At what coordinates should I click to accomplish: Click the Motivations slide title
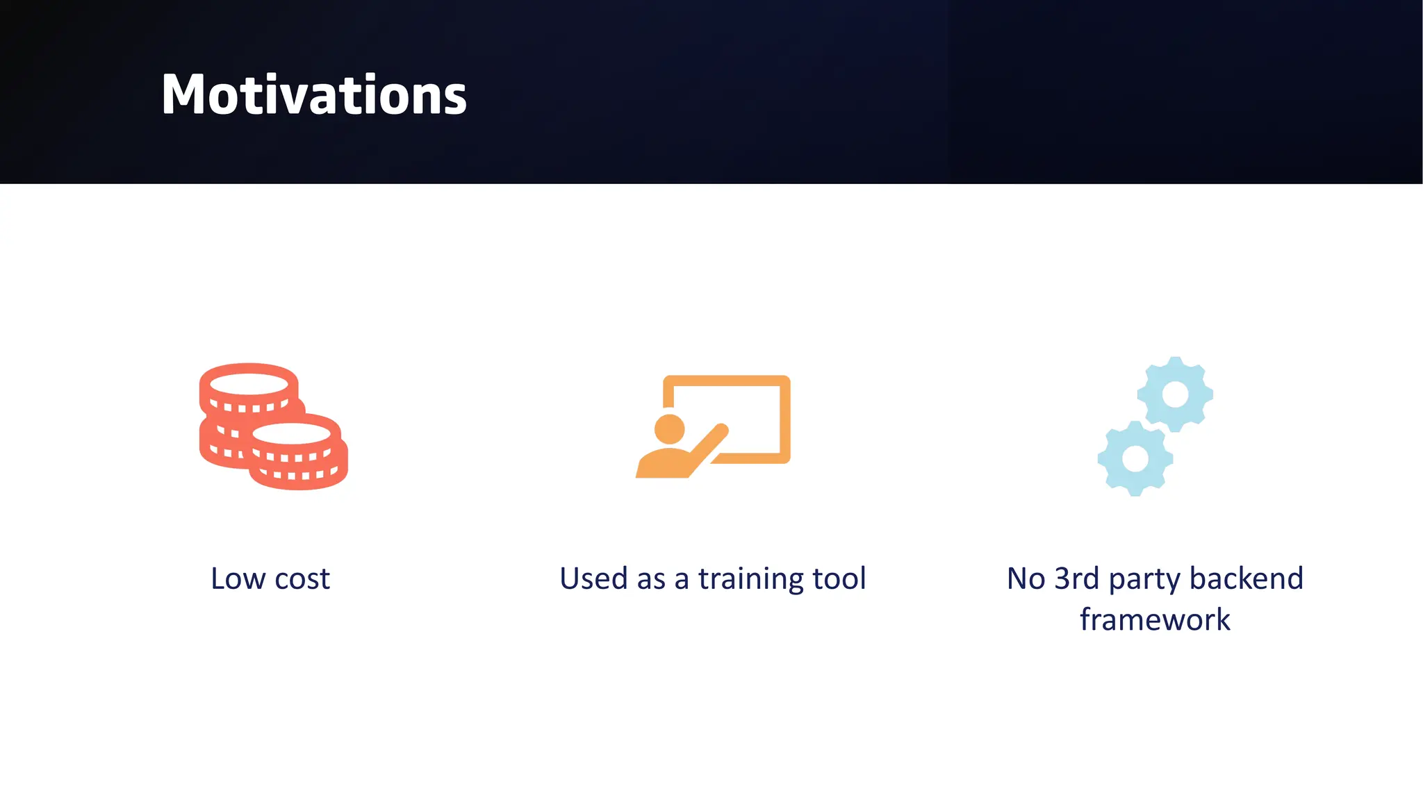pyautogui.click(x=314, y=95)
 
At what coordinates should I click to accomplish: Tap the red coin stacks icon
pyautogui.click(x=273, y=426)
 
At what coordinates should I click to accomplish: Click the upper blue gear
pyautogui.click(x=1175, y=394)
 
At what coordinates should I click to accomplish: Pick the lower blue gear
pyautogui.click(x=1135, y=458)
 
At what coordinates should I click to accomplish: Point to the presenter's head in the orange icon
pyautogui.click(x=670, y=428)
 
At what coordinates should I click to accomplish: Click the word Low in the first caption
pyautogui.click(x=238, y=578)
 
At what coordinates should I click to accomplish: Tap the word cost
pyautogui.click(x=302, y=579)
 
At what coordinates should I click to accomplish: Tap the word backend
pyautogui.click(x=1247, y=578)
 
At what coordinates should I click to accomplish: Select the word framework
pyautogui.click(x=1155, y=619)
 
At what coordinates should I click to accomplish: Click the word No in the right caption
pyautogui.click(x=1026, y=578)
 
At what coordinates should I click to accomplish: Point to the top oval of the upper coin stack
pyautogui.click(x=249, y=383)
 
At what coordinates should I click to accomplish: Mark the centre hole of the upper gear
pyautogui.click(x=1175, y=394)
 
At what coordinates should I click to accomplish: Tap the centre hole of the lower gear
pyautogui.click(x=1135, y=458)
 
